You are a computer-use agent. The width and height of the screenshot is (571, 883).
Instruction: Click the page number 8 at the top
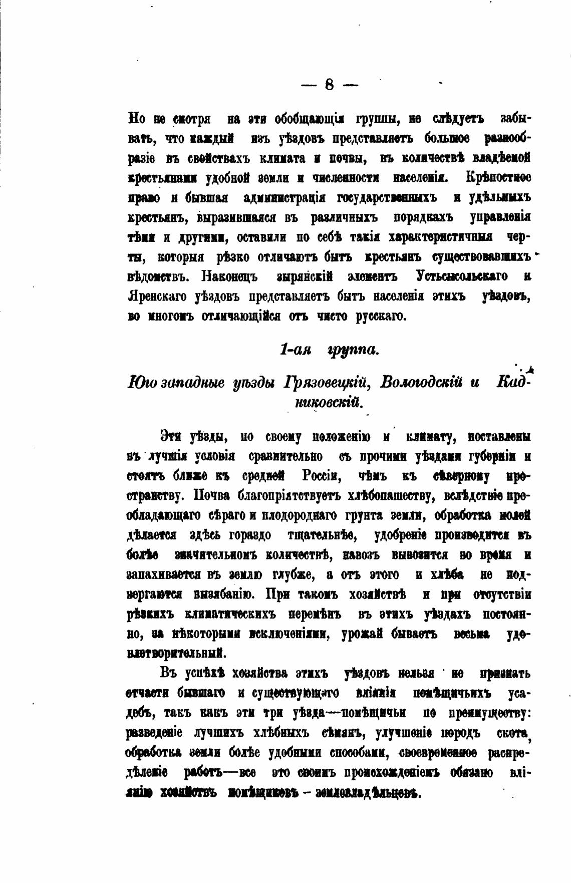[329, 85]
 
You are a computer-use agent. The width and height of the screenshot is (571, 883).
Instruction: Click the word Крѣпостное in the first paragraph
[499, 178]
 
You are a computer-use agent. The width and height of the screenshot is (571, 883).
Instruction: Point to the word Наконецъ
[229, 276]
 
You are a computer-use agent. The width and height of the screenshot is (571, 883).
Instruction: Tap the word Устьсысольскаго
[461, 276]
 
